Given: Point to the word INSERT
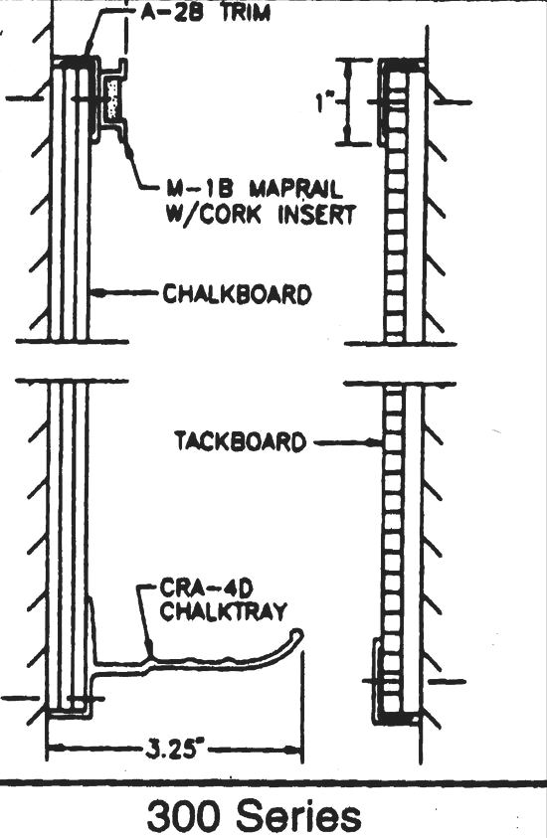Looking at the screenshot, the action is click(x=316, y=215).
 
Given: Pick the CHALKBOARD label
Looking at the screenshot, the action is click(x=237, y=295).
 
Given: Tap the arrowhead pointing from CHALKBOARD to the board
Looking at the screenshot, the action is click(x=96, y=292).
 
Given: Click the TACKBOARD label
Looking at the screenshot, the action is click(x=241, y=441).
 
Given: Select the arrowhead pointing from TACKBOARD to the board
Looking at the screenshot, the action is click(x=377, y=442).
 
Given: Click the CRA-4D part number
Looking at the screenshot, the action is click(x=206, y=589).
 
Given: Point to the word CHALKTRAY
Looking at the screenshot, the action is click(x=224, y=611).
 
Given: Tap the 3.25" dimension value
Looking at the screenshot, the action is click(x=174, y=750).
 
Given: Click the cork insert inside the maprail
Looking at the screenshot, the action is click(x=112, y=99).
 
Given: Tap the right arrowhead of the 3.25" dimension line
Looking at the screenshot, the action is click(x=294, y=750).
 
